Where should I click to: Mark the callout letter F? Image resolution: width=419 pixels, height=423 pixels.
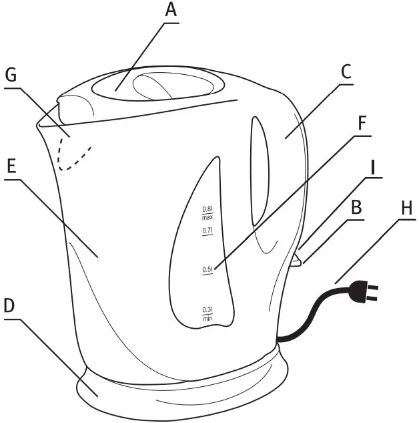362,124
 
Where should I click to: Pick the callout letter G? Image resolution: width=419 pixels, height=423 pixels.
11,76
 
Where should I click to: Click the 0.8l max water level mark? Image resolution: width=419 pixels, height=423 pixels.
207,214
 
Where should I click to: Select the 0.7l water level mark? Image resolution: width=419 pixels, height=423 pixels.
207,231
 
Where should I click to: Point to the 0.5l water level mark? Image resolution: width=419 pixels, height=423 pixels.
207,270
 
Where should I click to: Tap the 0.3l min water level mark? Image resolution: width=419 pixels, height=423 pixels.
207,313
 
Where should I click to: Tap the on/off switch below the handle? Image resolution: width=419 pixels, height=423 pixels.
295,259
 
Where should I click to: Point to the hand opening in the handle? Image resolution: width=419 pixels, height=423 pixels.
260,170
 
